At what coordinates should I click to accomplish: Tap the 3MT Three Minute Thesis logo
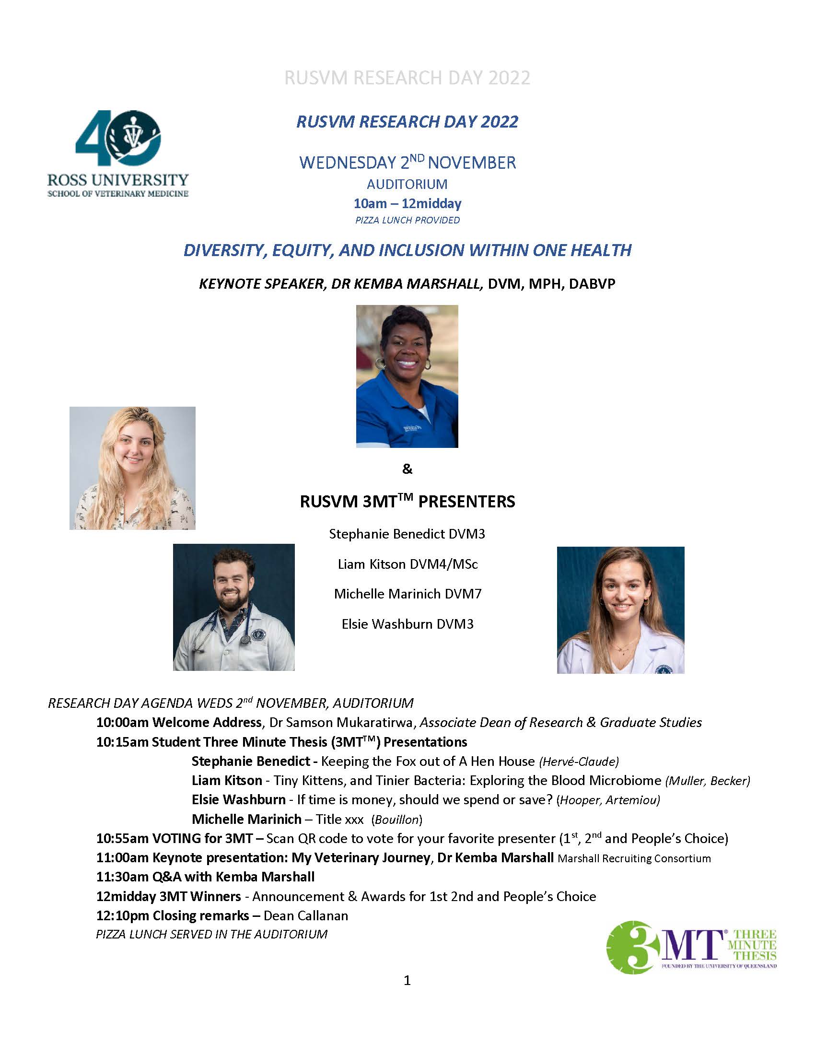coord(691,947)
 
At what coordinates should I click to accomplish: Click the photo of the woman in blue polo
coord(407,376)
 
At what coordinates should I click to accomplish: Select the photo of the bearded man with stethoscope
coord(233,607)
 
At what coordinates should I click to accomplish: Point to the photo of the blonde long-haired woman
coord(132,468)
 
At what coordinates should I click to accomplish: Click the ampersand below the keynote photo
coord(407,469)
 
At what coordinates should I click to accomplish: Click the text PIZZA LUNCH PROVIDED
coord(407,220)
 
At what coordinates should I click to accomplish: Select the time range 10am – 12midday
coord(407,203)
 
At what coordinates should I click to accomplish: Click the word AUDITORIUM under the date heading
coord(407,184)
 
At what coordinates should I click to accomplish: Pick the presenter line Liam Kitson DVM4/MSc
coord(407,564)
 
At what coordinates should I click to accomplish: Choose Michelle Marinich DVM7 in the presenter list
coord(407,594)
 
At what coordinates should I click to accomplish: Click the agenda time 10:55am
coord(123,838)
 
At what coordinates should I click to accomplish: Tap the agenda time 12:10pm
coord(123,915)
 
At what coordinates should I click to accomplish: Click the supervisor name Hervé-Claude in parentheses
coord(579,762)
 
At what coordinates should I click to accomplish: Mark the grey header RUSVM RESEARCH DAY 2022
coord(407,78)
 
